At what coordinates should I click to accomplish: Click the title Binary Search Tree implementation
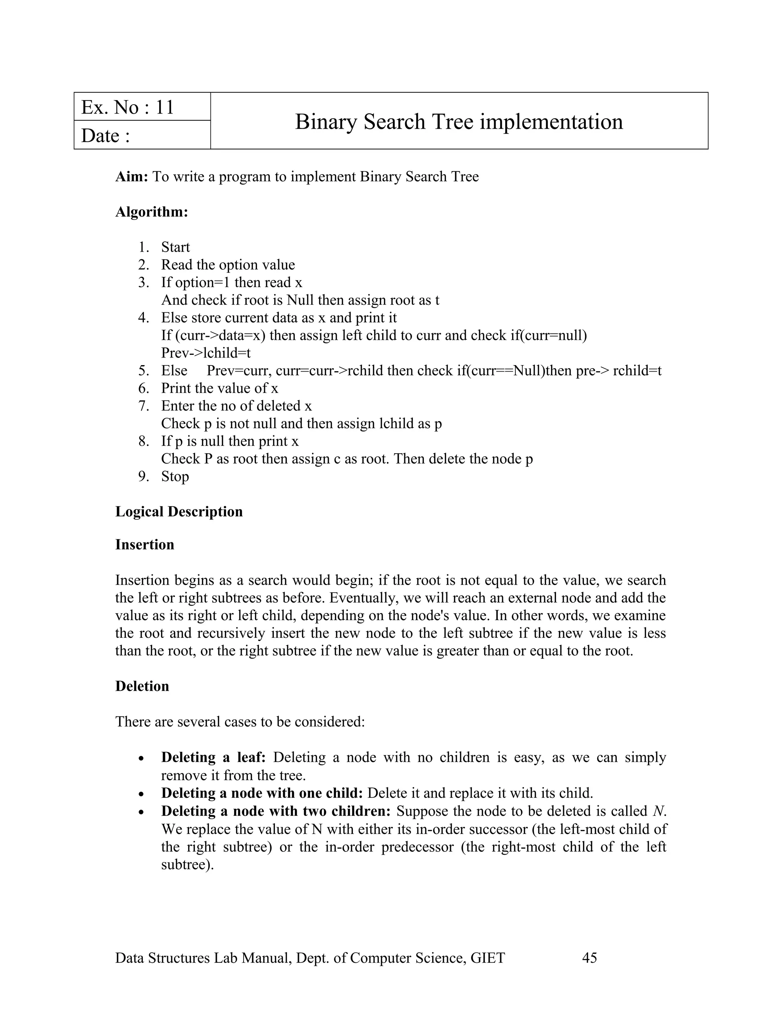[x=459, y=122]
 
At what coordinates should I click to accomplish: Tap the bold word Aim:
[x=131, y=176]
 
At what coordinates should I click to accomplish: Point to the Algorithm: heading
[x=152, y=212]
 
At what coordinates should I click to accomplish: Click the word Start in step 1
[x=175, y=247]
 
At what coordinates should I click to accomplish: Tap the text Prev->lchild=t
[x=206, y=353]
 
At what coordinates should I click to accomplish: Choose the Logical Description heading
[x=179, y=512]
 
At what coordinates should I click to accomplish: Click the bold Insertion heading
[x=145, y=545]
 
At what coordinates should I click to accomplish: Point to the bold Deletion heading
[x=142, y=686]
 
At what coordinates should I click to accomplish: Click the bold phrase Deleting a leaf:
[x=213, y=758]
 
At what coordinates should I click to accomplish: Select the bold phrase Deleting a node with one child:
[x=262, y=793]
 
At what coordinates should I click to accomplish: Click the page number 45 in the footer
[x=589, y=958]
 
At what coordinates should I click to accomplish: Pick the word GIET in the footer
[x=487, y=958]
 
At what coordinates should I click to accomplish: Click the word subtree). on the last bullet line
[x=187, y=865]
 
